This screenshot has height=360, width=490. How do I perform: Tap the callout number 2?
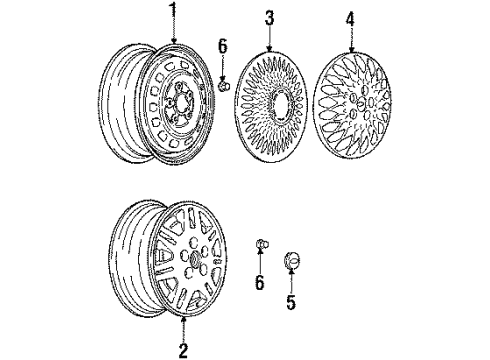pyautogui.click(x=183, y=350)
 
